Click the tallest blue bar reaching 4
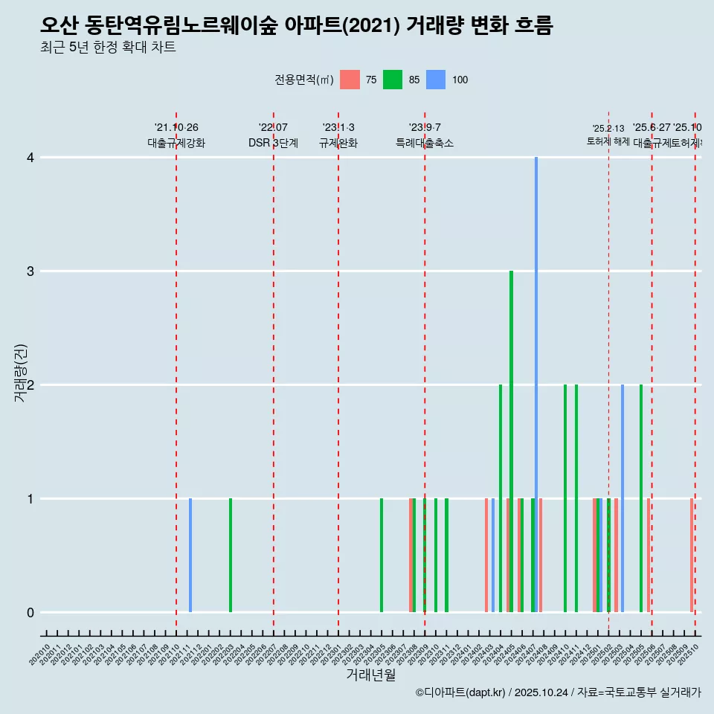536,385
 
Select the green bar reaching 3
511,441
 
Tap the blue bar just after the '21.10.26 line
190,555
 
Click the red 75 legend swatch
350,80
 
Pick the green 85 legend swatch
393,80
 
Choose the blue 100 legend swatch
436,80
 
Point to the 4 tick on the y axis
30,158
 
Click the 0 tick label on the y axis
30,612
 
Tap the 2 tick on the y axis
30,385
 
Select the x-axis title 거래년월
370,675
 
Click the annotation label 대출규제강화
176,143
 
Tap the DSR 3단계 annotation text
273,143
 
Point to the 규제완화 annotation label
338,143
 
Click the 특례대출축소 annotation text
425,143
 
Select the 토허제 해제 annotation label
608,141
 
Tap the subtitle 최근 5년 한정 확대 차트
108,48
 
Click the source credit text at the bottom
558,692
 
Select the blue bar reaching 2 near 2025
623,498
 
